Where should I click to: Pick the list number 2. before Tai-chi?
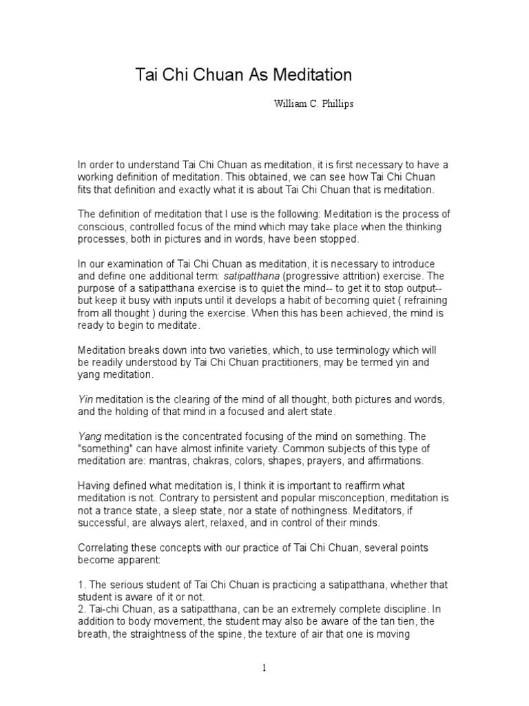81,609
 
